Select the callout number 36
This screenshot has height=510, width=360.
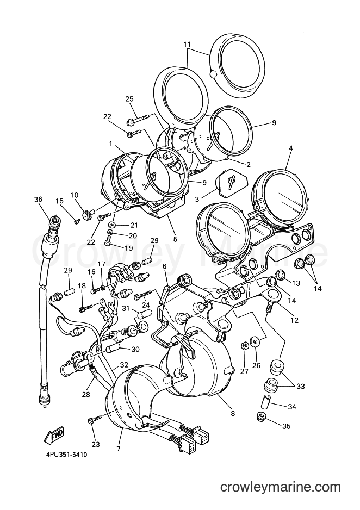(x=38, y=200)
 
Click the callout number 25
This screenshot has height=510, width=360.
(x=129, y=99)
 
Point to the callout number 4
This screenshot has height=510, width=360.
(x=291, y=148)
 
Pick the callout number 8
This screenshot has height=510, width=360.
(x=233, y=414)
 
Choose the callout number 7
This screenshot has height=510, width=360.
(x=119, y=449)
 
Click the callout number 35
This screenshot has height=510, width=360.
(x=286, y=426)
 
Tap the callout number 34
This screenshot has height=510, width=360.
(x=292, y=406)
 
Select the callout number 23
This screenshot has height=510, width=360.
(x=96, y=445)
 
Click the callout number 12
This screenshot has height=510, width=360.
(x=294, y=320)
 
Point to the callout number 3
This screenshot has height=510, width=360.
(x=197, y=199)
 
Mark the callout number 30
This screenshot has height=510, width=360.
(x=135, y=349)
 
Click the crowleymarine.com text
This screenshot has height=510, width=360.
(x=281, y=488)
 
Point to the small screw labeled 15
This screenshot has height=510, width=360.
(x=77, y=221)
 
